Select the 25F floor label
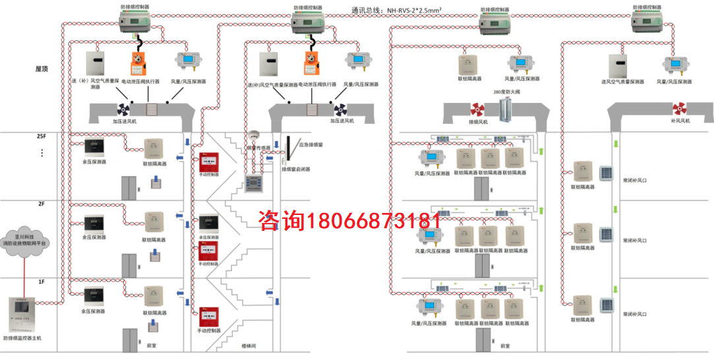(41, 136)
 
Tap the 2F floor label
(41, 204)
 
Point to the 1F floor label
(41, 282)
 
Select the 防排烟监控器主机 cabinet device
(22, 315)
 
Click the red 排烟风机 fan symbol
(477, 109)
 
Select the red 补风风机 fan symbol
(680, 109)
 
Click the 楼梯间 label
(248, 345)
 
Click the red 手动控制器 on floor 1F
(208, 316)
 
